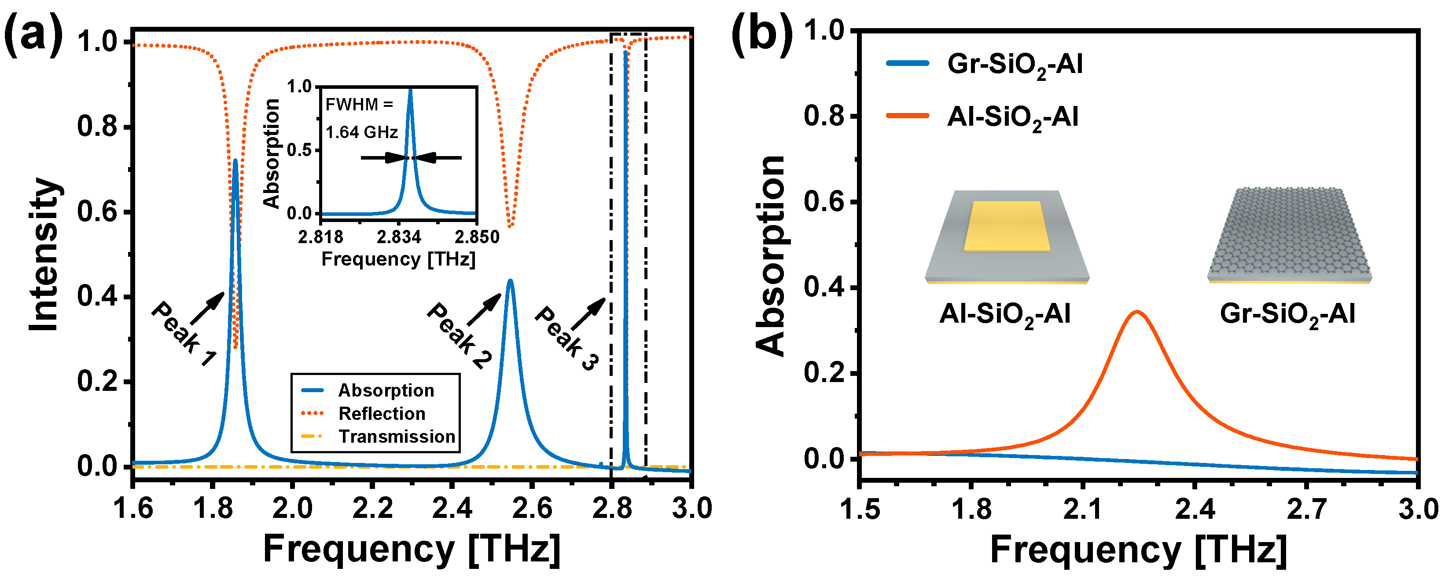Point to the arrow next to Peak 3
[x=588, y=314]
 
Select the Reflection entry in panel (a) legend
[x=382, y=414]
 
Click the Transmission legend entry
[x=396, y=437]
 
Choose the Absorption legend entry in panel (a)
[x=386, y=390]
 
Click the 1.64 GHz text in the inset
[x=362, y=132]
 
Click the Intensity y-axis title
[x=45, y=255]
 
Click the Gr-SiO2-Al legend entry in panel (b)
[x=1014, y=64]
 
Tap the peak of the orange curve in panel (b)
[x=1137, y=312]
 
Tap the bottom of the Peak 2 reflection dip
[x=510, y=226]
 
